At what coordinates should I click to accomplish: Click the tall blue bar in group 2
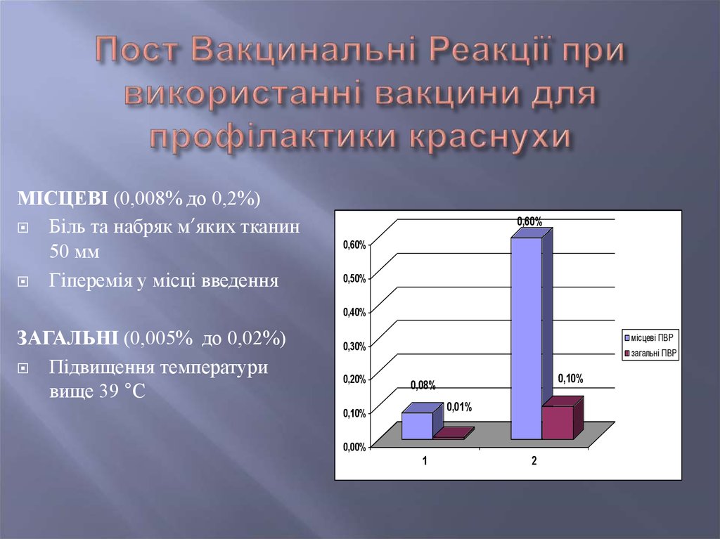pos(526,337)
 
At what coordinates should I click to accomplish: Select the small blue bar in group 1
pos(417,425)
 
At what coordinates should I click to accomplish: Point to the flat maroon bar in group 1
pos(451,436)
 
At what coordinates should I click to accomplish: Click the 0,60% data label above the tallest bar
pos(529,221)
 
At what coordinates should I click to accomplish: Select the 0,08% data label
pos(423,385)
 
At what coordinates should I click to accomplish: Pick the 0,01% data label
pos(458,407)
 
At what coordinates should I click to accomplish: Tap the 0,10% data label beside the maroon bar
pos(570,379)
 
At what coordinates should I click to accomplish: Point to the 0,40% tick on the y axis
pos(354,312)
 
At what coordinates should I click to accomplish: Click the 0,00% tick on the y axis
pos(354,447)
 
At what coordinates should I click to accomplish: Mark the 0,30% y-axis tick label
pos(354,346)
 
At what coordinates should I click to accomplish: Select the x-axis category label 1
pos(425,462)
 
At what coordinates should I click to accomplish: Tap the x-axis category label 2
pos(534,462)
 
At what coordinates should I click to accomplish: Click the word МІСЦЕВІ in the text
pos(63,200)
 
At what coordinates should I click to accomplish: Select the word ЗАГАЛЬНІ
pos(68,338)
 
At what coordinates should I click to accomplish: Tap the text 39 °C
pos(122,391)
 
